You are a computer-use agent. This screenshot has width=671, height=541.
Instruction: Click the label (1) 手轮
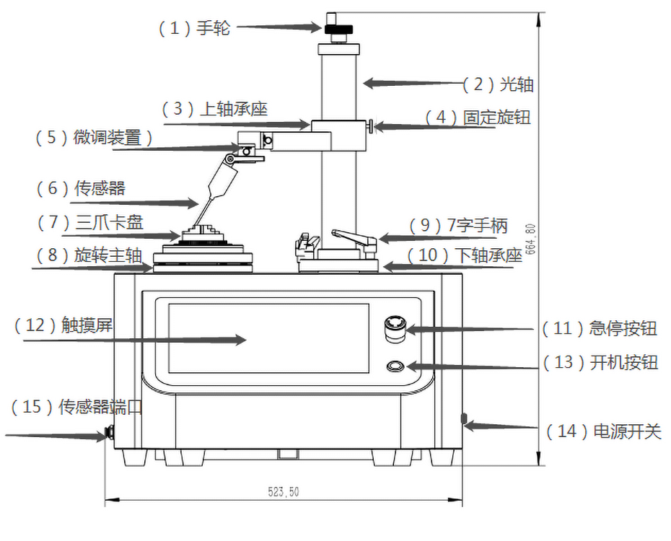193,29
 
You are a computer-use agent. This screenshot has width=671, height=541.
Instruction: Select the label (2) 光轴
498,84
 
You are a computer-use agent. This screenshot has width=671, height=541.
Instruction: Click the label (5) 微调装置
95,138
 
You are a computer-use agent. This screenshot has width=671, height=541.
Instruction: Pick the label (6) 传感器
81,189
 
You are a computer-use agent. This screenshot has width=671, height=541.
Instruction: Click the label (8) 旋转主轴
90,255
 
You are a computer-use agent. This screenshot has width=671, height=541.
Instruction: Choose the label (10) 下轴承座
464,255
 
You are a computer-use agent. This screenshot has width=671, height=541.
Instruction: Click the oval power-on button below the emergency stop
395,366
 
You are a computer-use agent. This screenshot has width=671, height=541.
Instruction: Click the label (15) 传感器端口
77,408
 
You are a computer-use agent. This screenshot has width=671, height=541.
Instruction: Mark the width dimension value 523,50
284,492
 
